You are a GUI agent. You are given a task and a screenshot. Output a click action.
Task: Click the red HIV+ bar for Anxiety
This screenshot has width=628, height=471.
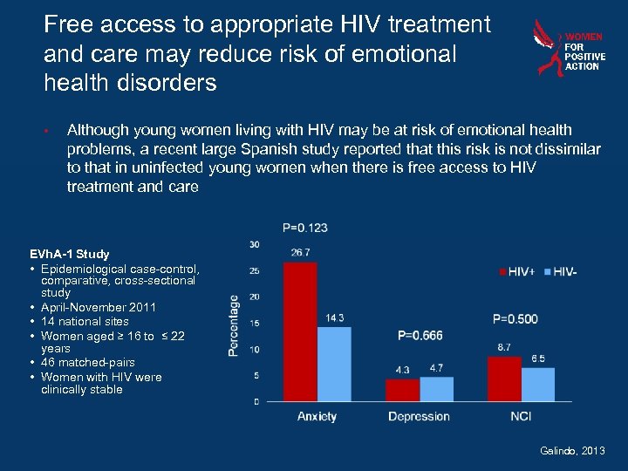(300, 331)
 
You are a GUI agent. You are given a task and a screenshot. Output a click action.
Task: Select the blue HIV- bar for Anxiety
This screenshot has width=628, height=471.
(334, 364)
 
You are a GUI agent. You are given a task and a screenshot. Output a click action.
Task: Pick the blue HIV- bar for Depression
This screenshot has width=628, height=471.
(436, 389)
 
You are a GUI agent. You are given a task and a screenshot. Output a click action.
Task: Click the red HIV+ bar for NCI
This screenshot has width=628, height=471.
(504, 379)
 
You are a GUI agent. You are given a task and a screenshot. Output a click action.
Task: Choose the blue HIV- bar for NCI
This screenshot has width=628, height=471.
(538, 384)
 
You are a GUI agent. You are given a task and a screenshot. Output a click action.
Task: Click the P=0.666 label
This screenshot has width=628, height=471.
(420, 336)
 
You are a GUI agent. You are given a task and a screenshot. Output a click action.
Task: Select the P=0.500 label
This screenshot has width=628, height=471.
(515, 319)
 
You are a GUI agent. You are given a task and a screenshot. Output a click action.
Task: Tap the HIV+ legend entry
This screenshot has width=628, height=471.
(518, 272)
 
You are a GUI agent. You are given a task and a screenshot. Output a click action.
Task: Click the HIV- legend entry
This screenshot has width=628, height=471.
(559, 272)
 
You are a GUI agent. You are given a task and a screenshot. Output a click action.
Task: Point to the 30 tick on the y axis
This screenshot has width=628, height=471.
(254, 243)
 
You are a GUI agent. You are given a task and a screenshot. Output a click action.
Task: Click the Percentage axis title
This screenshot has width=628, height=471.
(235, 324)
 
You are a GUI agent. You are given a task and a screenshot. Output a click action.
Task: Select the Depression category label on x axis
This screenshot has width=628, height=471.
(419, 417)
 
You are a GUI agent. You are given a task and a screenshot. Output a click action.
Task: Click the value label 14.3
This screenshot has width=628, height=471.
(335, 318)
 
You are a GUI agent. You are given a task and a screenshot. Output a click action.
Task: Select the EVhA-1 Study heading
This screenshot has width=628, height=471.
(70, 254)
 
